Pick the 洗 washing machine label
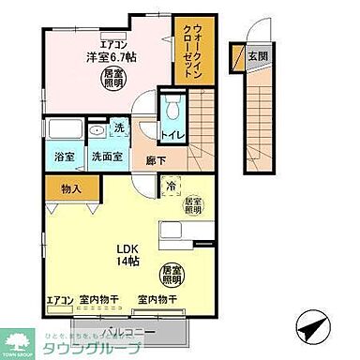pyautogui.click(x=119, y=127)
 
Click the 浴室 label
pyautogui.click(x=64, y=158)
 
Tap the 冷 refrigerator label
pyautogui.click(x=171, y=187)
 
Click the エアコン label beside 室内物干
pyautogui.click(x=59, y=299)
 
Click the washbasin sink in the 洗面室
pyautogui.click(x=97, y=129)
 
